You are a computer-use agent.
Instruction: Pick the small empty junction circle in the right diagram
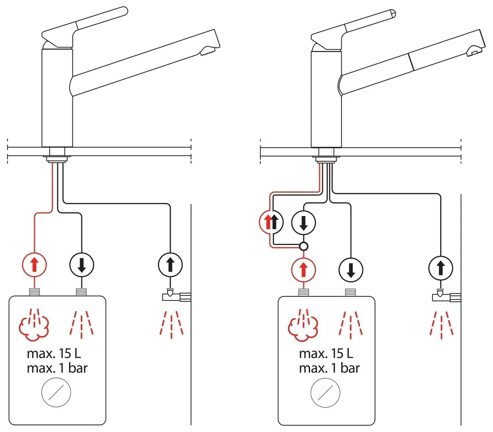[304, 246]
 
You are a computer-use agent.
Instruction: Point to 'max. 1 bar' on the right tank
[329, 368]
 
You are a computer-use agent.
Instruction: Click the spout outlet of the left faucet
[208, 49]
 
